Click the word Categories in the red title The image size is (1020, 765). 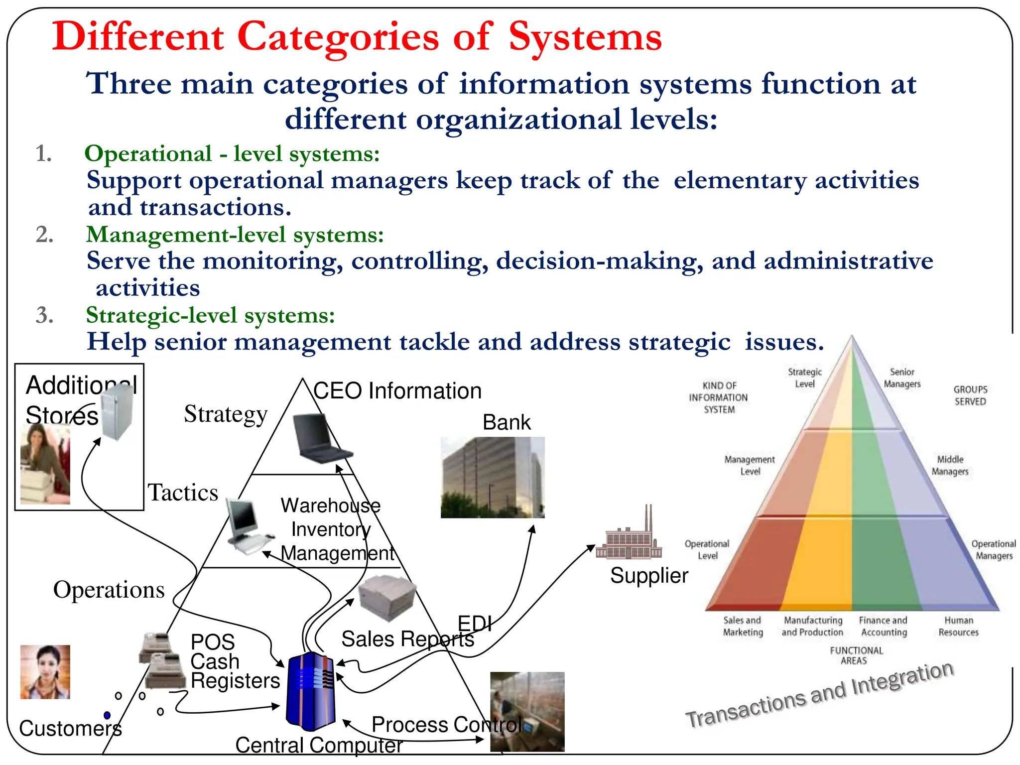coord(338,37)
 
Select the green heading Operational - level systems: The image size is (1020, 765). coord(232,153)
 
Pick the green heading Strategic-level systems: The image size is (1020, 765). coord(210,315)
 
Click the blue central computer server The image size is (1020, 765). coord(311,690)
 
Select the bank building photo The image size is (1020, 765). coord(492,477)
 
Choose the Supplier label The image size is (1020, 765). coord(649,576)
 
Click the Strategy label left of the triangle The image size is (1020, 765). coord(226,414)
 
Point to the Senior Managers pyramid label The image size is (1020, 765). coord(902,378)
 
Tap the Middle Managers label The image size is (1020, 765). coord(950,465)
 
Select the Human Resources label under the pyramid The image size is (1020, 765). coord(958,626)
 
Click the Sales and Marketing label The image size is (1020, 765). coord(743,626)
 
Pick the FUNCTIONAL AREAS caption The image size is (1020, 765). coord(856,655)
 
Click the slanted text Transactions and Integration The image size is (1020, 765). coord(819,694)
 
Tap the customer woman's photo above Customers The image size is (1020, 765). coord(45,672)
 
